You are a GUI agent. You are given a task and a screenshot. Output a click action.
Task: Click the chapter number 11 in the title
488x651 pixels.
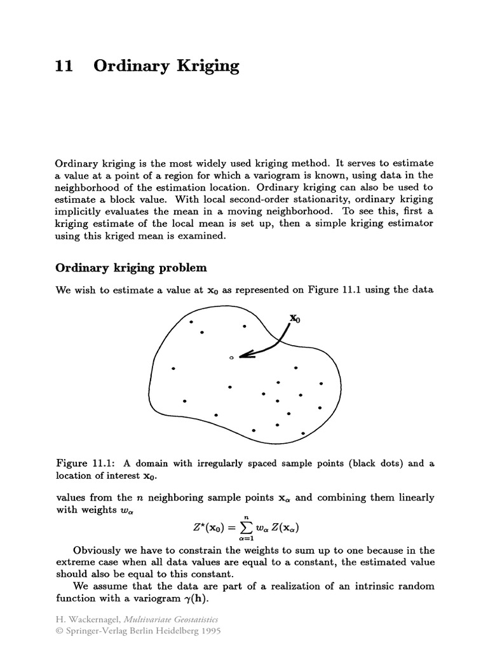[x=64, y=66]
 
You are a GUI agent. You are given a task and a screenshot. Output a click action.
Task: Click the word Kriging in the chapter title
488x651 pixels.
[x=209, y=67]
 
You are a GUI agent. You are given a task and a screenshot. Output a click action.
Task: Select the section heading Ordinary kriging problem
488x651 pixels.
[x=132, y=267]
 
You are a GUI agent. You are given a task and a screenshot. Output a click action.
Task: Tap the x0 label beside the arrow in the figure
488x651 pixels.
[x=295, y=318]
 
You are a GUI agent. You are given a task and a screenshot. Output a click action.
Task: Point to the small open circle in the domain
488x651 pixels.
[x=232, y=358]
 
